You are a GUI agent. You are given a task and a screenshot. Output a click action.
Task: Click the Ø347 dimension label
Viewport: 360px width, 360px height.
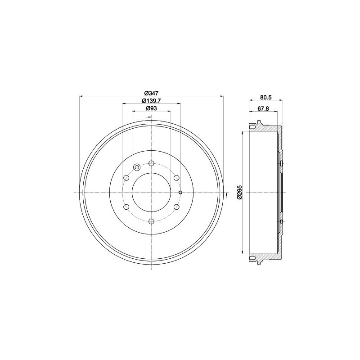(151, 93)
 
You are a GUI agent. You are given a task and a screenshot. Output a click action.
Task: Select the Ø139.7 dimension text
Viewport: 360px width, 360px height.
(151, 100)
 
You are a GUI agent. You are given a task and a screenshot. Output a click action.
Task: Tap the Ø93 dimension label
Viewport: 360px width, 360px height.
(151, 108)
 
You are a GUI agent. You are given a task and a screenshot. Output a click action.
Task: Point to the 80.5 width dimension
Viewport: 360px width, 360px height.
(266, 97)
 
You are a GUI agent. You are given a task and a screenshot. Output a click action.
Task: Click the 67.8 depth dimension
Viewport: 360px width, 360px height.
(263, 108)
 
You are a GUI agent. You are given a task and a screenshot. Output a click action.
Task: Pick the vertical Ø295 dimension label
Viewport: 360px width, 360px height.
(239, 192)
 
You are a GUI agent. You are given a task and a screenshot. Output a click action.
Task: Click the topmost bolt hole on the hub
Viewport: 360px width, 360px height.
(151, 163)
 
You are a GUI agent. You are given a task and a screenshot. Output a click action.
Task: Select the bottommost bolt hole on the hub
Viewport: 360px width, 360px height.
(151, 221)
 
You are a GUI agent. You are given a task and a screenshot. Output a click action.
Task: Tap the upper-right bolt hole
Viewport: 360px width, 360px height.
(176, 178)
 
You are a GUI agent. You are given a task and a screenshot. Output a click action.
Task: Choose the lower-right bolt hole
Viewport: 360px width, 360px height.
(176, 207)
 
